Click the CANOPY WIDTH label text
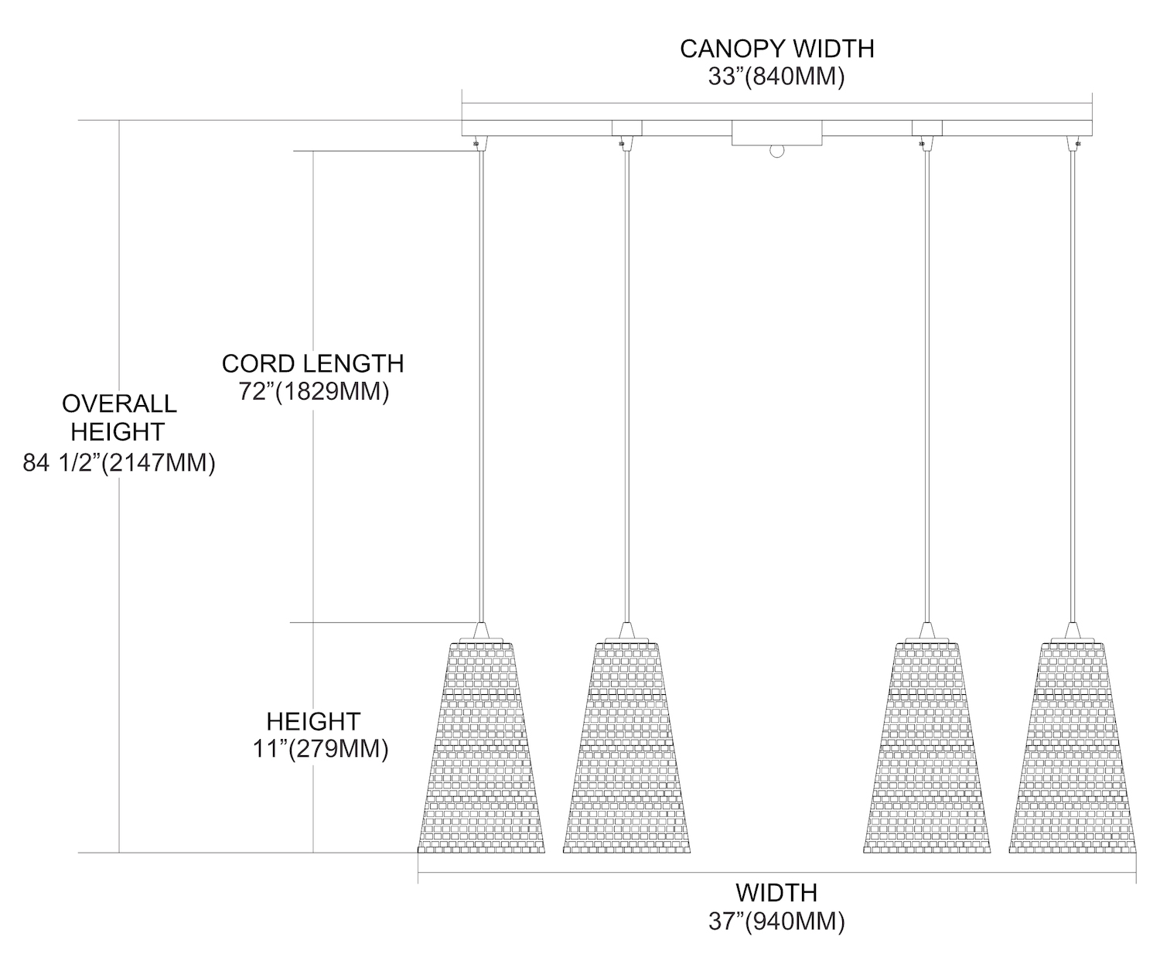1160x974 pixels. pos(776,49)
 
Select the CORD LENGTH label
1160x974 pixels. pos(312,363)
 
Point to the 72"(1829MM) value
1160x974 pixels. pos(312,392)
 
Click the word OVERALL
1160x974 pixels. pos(119,404)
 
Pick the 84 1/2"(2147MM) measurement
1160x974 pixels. pos(119,462)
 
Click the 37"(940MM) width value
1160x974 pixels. pos(776,921)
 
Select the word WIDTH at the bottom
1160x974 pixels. pos(776,893)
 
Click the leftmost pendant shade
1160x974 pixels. pos(481,750)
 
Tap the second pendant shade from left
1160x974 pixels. pos(626,750)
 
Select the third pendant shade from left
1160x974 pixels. pos(926,750)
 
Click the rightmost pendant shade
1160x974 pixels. pos(1072,750)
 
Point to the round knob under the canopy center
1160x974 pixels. pos(776,151)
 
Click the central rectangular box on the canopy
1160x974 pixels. pos(776,133)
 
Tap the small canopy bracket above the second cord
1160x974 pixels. pos(626,128)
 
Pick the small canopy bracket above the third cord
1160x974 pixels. pos(927,128)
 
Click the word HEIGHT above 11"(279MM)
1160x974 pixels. pos(313,721)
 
